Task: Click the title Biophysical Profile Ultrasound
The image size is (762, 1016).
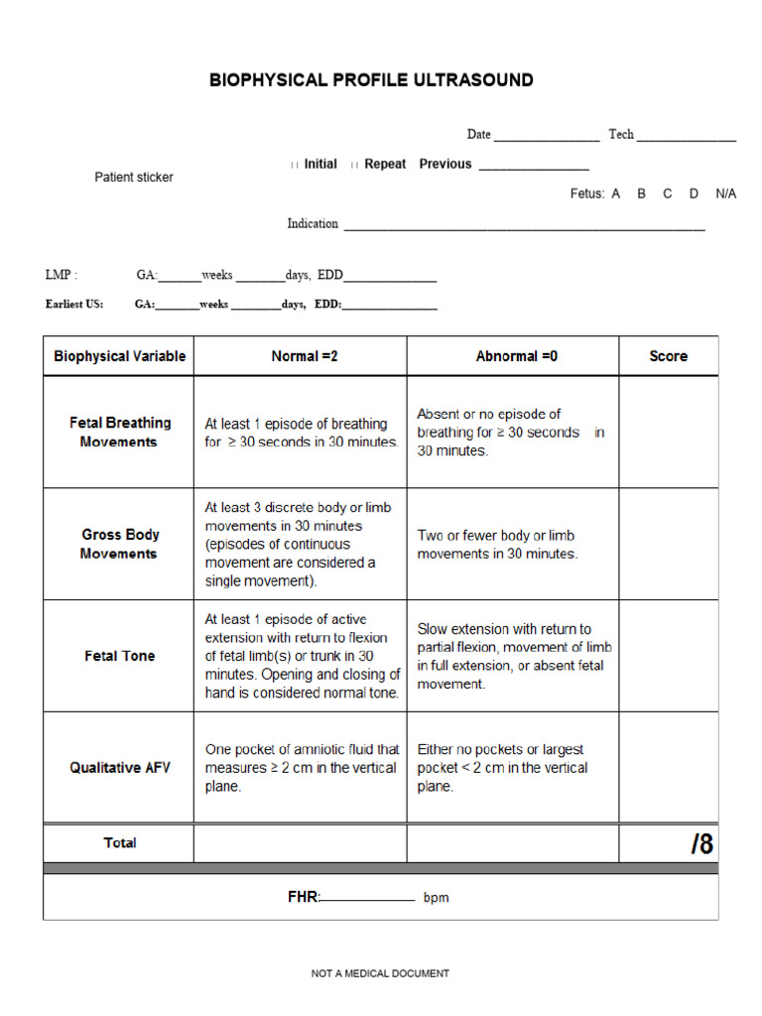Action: click(371, 80)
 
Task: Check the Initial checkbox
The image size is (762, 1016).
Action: click(294, 165)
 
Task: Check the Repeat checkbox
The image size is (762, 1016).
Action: click(354, 165)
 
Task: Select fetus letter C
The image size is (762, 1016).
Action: click(667, 193)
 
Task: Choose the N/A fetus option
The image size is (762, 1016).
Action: click(725, 193)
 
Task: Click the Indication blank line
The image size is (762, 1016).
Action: click(524, 226)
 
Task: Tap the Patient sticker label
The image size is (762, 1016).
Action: click(134, 178)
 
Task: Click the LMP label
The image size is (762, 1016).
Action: click(61, 275)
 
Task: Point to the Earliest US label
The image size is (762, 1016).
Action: click(74, 305)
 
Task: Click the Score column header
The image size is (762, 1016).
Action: click(668, 356)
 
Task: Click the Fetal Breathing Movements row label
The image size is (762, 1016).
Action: click(119, 432)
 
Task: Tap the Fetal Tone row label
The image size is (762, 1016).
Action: click(119, 656)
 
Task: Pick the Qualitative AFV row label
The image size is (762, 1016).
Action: click(119, 767)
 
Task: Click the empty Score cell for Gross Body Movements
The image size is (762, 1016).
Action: click(668, 544)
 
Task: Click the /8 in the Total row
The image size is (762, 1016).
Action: click(701, 843)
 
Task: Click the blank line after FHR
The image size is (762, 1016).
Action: click(367, 899)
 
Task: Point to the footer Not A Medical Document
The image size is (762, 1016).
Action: click(380, 974)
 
